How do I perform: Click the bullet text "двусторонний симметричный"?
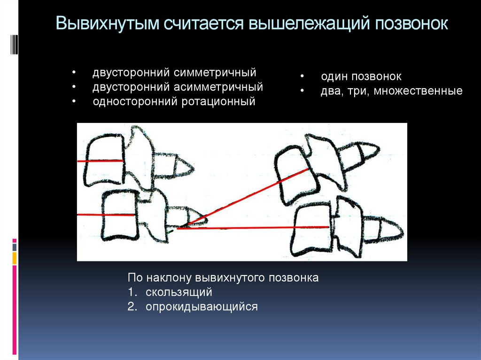pos(174,73)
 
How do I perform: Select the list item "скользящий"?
pos(179,292)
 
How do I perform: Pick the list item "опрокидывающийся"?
pos(202,307)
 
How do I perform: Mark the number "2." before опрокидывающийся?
pos(132,307)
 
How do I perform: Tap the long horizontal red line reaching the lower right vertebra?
pos(244,228)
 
